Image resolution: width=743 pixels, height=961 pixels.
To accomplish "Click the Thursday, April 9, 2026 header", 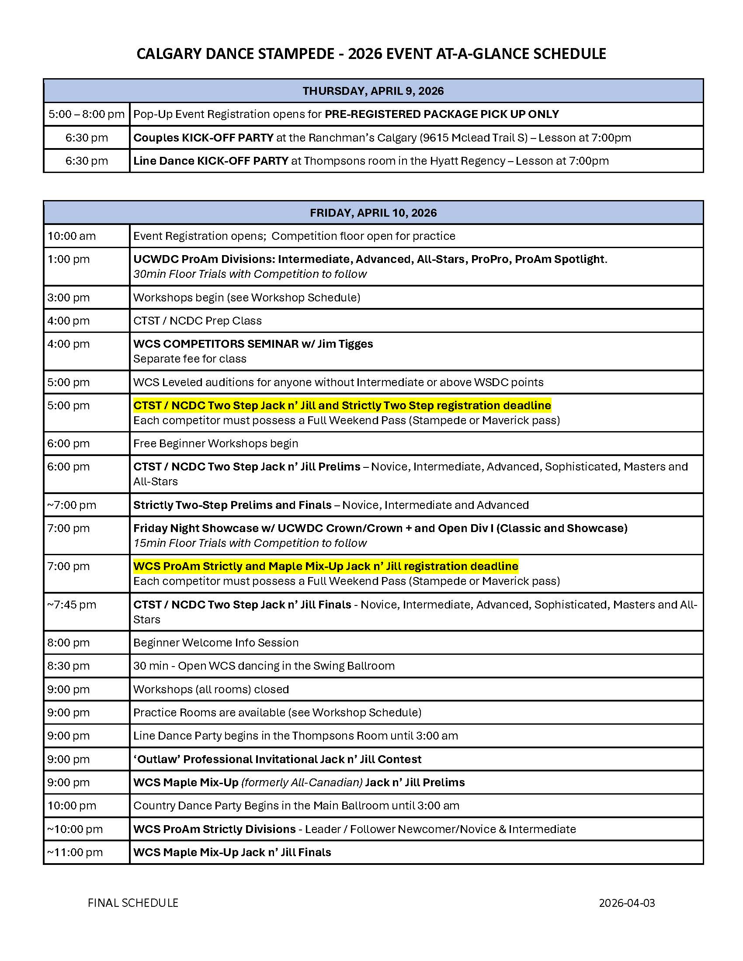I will (x=373, y=91).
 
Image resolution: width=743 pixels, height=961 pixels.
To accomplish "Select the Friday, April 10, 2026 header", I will (x=373, y=213).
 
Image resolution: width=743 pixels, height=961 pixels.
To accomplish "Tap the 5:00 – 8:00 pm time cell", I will (x=86, y=114).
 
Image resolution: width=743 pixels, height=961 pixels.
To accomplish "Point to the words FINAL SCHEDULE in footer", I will (x=133, y=903).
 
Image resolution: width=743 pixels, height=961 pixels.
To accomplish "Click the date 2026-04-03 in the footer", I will (x=626, y=903).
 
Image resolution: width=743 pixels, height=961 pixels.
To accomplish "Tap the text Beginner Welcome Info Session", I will (x=215, y=643).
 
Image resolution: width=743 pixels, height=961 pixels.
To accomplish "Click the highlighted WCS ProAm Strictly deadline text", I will (x=326, y=566).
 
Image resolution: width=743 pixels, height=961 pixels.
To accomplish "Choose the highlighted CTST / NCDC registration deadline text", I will (x=342, y=406).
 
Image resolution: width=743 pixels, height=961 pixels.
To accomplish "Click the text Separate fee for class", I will (x=190, y=359).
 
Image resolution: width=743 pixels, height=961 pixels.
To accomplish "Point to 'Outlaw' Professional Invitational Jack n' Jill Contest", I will (x=277, y=760).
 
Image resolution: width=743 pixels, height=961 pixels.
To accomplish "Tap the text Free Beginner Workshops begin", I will (x=215, y=443).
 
